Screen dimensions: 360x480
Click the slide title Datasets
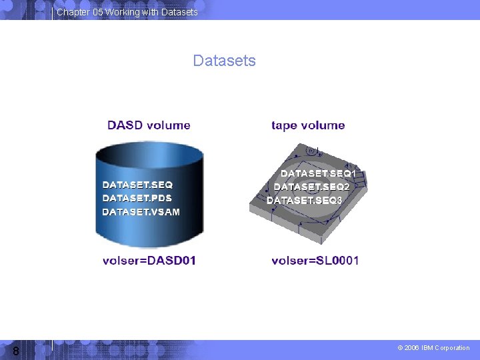pos(224,61)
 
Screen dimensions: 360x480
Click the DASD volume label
pos(149,125)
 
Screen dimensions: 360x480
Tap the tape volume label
pos(308,125)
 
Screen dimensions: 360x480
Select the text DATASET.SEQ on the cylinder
pos(137,184)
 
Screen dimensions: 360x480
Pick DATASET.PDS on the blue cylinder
pos(137,198)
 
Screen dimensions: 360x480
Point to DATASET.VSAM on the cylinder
pos(141,211)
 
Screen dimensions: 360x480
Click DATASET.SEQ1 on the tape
pos(318,173)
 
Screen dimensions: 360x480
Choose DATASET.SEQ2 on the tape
pos(311,187)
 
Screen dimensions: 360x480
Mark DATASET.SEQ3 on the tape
pos(304,200)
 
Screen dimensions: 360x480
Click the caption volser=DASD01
pos(149,260)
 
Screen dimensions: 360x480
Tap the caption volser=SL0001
pos(315,260)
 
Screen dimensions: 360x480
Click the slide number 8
pos(15,351)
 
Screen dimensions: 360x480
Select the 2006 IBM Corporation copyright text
pos(433,348)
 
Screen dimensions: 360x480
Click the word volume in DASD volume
pos(169,125)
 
